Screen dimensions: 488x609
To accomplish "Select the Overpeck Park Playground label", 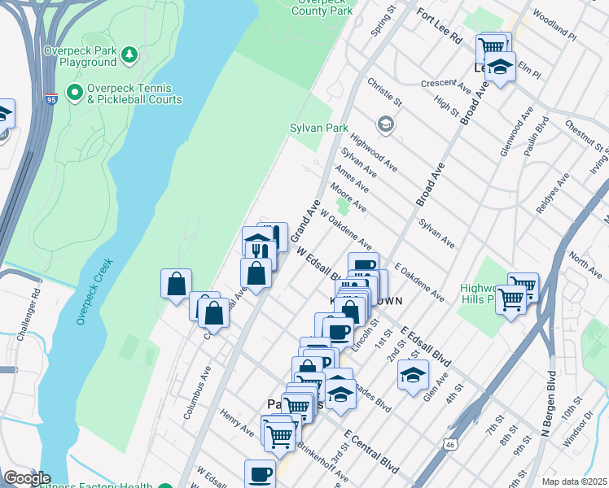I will pos(81,55).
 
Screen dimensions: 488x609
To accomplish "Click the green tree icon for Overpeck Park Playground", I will pos(129,54).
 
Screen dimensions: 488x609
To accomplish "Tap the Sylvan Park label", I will pos(319,129).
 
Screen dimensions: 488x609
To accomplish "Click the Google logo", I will pos(27,477).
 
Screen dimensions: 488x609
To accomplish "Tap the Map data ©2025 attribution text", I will pos(573,481).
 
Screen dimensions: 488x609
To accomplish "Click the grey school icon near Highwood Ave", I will pos(385,124).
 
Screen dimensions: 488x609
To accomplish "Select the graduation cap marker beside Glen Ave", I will pos(414,375).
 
